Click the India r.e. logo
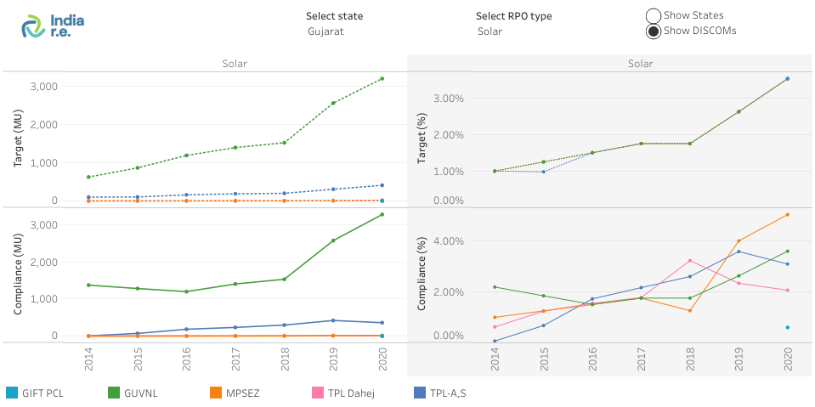[53, 25]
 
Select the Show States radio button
[654, 15]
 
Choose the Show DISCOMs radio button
[654, 31]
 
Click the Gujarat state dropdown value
[325, 31]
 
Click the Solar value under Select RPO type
[490, 31]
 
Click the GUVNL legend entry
[136, 393]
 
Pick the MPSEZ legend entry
[237, 393]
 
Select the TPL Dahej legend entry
[345, 393]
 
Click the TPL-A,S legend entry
[445, 393]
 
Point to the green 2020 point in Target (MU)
[382, 79]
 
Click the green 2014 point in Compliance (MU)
[88, 285]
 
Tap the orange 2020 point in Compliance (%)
[788, 214]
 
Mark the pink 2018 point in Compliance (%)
[690, 261]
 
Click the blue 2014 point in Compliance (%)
[495, 341]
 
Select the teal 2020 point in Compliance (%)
[788, 327]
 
